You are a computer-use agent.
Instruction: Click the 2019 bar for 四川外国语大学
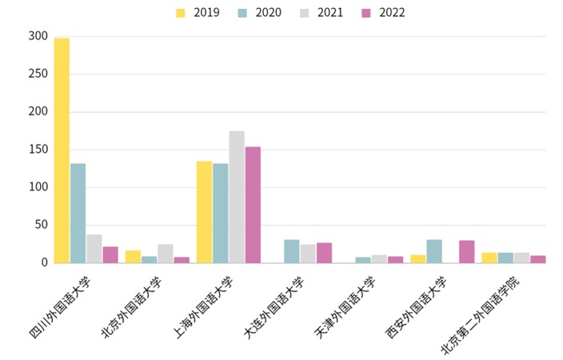(62, 150)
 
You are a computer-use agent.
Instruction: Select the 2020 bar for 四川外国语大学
(78, 213)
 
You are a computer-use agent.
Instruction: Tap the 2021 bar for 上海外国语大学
(237, 197)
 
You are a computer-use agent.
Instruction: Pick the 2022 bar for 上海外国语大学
(253, 205)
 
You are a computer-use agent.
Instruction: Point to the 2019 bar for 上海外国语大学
(205, 212)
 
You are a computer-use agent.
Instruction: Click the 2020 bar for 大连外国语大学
(292, 251)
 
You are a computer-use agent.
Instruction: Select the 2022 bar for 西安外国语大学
(466, 251)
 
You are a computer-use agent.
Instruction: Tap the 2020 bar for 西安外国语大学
(434, 251)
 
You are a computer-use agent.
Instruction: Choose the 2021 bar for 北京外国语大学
(166, 254)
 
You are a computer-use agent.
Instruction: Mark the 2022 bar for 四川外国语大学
(110, 254)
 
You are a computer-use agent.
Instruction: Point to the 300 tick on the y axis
(37, 36)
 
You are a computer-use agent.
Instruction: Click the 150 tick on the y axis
(37, 150)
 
